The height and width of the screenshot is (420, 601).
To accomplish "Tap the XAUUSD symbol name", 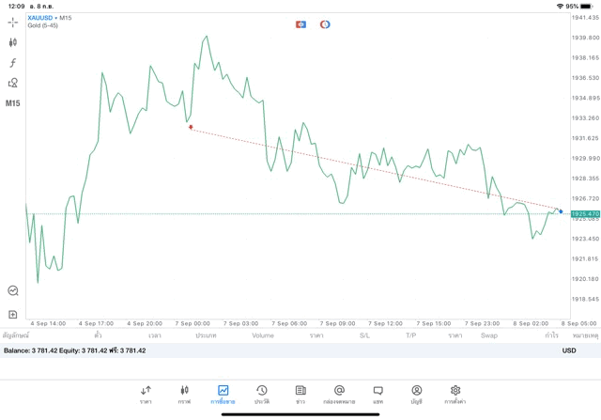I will coord(39,18).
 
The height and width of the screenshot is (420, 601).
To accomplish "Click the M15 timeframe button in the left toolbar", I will coord(13,103).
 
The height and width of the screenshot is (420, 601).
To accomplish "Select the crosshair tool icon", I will coord(13,22).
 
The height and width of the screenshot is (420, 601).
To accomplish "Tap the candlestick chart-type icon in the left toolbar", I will coord(13,42).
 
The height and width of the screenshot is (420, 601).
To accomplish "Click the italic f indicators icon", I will coord(13,63).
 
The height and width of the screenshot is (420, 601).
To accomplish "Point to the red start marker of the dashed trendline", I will coord(191,127).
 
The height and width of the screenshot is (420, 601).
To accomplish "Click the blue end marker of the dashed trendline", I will coord(561,211).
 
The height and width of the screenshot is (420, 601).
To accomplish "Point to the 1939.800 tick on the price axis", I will coord(585,38).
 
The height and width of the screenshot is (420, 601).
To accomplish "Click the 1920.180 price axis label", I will coord(585,279).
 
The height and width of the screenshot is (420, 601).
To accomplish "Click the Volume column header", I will coord(263,335).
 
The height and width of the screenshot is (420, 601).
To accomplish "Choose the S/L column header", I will coord(364,335).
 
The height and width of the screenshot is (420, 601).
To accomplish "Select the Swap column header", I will coord(489,335).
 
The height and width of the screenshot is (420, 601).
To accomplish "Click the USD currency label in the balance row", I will coord(569,350).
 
